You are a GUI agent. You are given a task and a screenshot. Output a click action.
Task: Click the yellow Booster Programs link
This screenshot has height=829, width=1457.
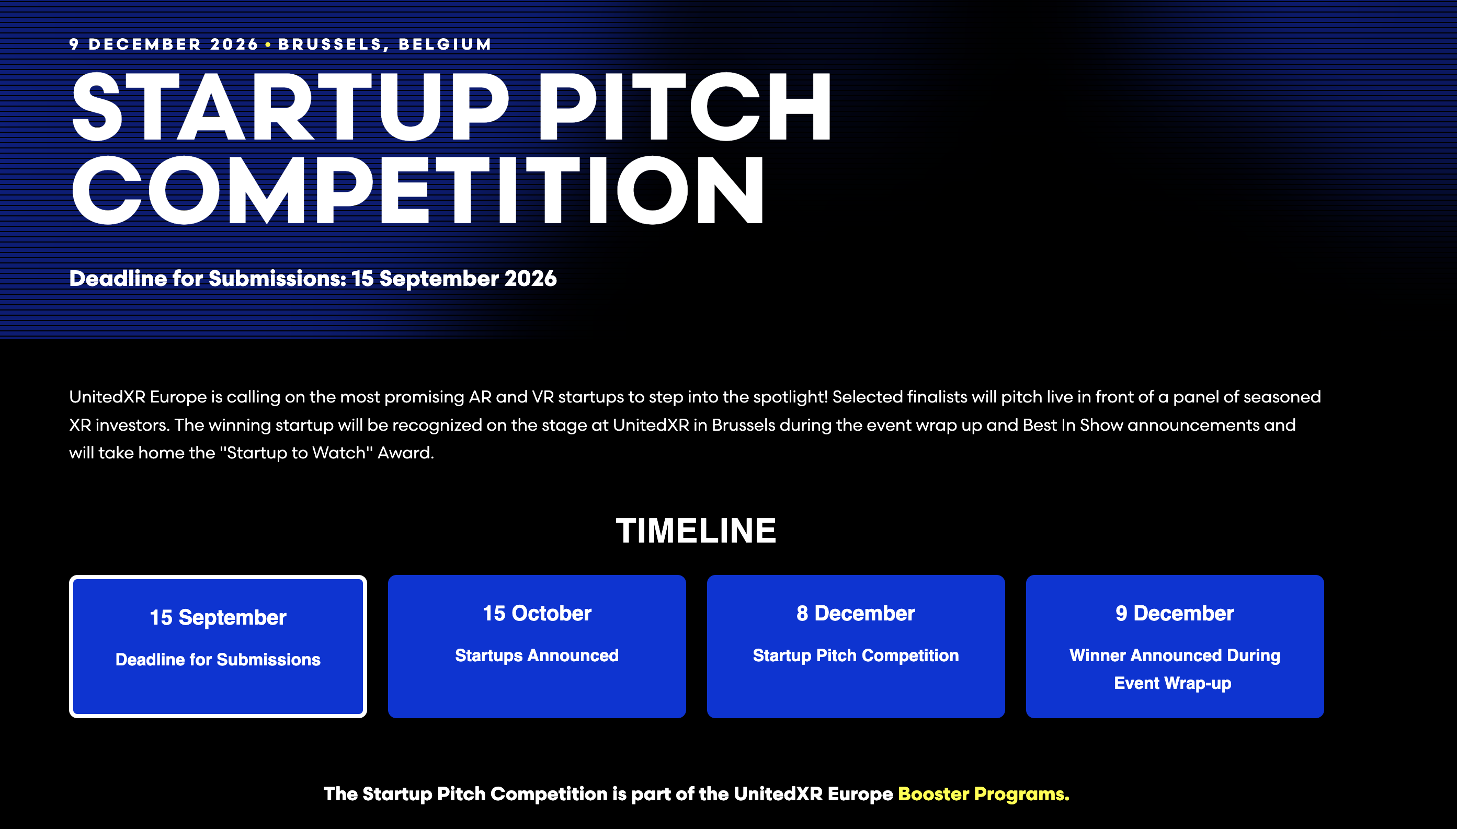[983, 793]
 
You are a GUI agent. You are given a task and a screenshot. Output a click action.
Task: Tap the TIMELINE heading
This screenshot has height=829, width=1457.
[696, 531]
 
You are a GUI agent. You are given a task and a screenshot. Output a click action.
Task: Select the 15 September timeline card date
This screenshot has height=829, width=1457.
[218, 617]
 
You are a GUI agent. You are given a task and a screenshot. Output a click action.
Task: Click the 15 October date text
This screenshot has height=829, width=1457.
[537, 613]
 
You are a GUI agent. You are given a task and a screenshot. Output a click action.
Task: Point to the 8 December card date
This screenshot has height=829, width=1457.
[856, 613]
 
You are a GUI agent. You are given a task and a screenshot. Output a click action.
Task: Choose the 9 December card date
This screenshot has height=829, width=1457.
[1175, 613]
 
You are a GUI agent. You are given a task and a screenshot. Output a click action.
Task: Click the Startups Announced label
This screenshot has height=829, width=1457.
[537, 655]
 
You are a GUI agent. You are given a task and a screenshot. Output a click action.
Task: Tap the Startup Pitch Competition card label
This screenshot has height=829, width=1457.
[856, 655]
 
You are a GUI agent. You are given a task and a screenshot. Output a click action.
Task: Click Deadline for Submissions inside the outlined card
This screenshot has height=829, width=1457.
[218, 659]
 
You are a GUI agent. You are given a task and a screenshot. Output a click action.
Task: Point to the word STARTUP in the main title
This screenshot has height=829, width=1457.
[290, 107]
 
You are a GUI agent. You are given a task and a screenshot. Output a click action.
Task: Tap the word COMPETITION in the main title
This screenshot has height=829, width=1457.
[417, 190]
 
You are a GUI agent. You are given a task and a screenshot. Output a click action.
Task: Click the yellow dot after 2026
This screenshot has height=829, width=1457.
[268, 44]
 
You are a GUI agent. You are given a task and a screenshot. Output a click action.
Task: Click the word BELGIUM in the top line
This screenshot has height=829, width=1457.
[445, 44]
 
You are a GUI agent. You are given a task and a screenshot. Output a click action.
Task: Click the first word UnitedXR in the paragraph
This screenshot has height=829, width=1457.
[107, 397]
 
